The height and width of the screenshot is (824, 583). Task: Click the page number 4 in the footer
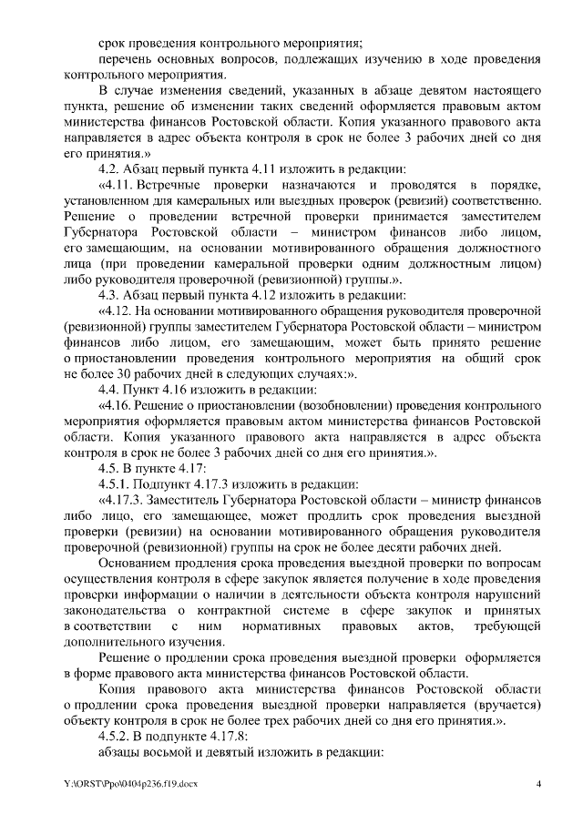coord(538,784)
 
